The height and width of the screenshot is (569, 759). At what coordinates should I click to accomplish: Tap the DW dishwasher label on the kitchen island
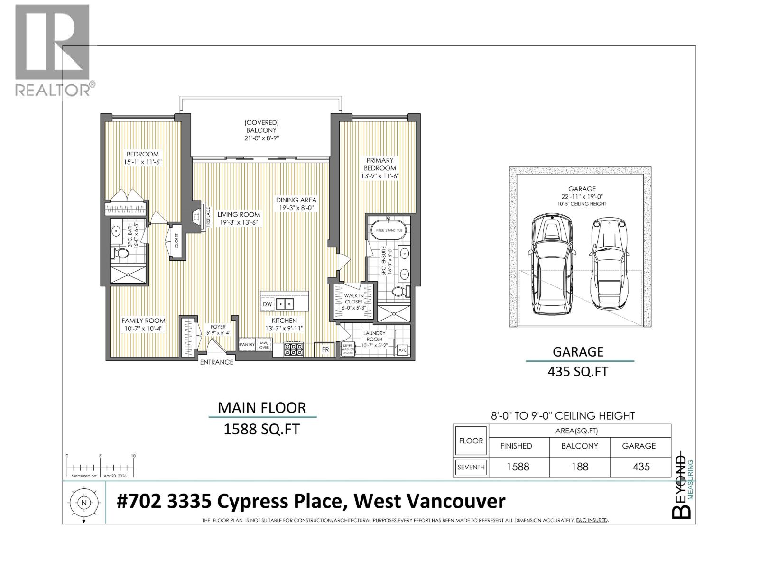point(267,304)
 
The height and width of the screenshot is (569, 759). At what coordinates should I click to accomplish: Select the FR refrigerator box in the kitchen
point(325,349)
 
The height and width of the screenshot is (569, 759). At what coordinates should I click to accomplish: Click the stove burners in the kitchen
point(293,349)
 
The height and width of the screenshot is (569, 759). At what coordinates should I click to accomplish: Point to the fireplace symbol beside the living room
point(197,216)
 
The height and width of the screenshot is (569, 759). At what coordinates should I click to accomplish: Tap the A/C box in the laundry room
point(402,350)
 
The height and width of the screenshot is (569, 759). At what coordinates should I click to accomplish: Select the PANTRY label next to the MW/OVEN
point(247,345)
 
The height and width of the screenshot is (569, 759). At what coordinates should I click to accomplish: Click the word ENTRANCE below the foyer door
point(216,362)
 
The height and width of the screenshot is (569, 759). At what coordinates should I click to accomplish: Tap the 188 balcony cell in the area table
point(579,467)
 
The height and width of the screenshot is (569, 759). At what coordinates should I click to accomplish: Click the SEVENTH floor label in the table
point(471,467)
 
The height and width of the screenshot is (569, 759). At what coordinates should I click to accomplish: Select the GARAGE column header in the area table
point(639,446)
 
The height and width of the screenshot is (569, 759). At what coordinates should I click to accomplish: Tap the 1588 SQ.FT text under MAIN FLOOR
point(261,429)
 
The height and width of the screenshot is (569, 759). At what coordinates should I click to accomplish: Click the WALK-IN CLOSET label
point(353,302)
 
